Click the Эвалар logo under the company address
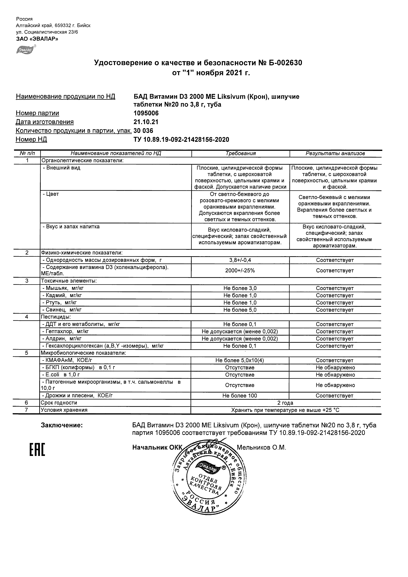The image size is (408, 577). tap(26, 49)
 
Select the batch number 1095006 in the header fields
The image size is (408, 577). tap(146, 113)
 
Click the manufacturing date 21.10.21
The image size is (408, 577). tap(146, 122)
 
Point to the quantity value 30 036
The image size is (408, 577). tap(143, 131)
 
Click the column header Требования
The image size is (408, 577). tap(240, 154)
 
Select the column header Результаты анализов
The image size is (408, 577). tap(335, 154)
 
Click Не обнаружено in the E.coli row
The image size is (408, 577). tap(335, 375)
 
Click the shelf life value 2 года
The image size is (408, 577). tap(285, 403)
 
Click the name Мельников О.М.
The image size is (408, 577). tap(261, 448)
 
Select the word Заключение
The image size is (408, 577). tap(62, 425)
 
